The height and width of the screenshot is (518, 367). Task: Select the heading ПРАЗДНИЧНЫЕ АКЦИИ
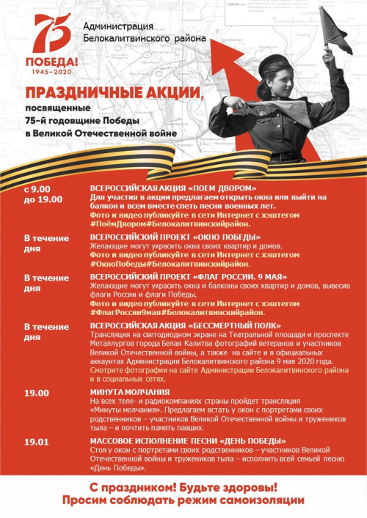[x=112, y=93]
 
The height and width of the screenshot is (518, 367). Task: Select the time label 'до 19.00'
[x=43, y=199]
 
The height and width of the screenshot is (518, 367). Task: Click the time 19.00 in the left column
[x=37, y=393]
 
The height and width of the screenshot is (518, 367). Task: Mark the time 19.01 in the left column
[x=37, y=441]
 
